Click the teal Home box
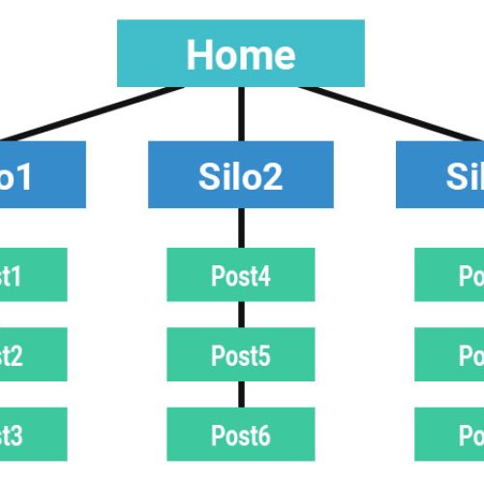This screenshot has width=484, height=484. [240, 53]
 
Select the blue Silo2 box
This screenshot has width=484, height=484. [240, 174]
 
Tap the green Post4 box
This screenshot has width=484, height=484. [240, 275]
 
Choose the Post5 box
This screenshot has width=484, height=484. [240, 354]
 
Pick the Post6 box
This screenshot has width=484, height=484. [240, 435]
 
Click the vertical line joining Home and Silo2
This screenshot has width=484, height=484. [241, 114]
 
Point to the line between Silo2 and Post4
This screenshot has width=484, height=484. [241, 227]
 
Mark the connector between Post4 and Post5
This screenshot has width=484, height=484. [241, 314]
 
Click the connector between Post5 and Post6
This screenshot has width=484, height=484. [241, 394]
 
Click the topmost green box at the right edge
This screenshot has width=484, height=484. [450, 275]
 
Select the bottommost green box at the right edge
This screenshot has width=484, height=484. [450, 435]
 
